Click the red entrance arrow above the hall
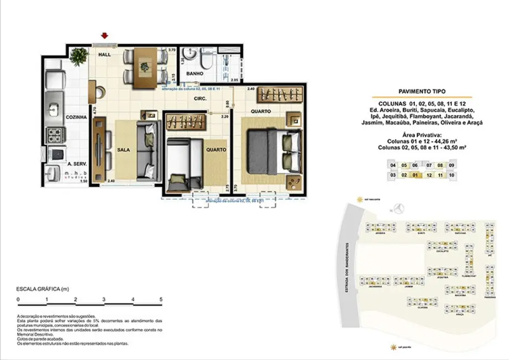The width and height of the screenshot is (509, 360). point(104,37)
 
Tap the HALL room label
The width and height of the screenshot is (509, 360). point(105,55)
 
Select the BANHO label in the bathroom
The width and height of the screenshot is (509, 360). point(194,73)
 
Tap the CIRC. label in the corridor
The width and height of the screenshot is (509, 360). point(200,99)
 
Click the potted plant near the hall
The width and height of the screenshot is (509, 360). point(79,54)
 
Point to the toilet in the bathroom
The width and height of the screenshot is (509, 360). point(205,60)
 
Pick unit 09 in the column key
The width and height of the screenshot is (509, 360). point(452,165)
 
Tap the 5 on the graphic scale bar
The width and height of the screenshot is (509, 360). point(161,300)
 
